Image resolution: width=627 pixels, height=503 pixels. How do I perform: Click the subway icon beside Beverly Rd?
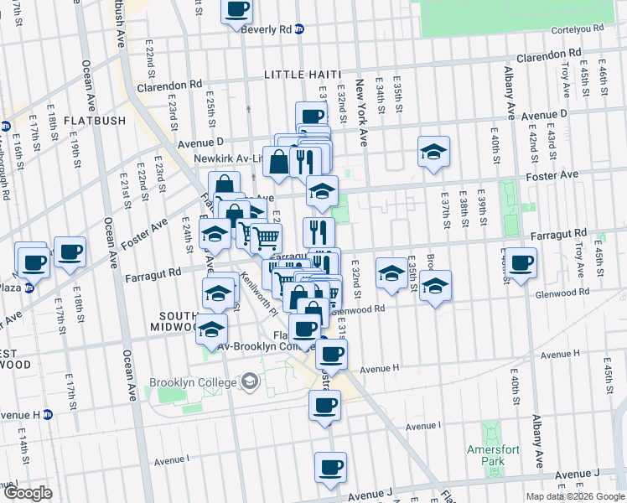299,29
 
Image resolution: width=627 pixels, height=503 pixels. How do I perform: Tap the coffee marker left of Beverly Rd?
236,10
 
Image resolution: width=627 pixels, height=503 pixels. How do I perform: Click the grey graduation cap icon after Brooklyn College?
249,383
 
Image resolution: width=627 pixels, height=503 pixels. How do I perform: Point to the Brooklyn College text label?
193,383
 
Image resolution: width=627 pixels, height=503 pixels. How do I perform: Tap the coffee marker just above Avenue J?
330,466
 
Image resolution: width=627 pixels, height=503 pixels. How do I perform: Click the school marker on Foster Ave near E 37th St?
433,153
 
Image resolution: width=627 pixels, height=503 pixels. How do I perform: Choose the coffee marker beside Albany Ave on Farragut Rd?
520,263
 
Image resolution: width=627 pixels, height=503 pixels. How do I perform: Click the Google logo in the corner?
28,493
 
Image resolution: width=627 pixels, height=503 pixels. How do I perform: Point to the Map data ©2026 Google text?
575,496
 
